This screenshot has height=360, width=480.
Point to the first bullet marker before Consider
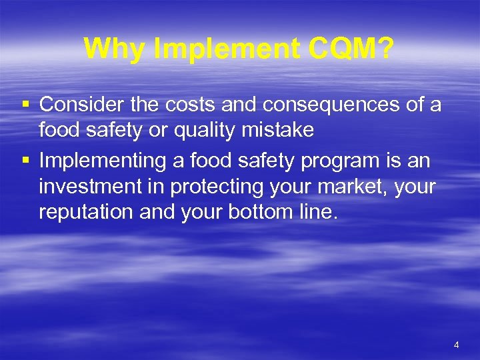coord(25,105)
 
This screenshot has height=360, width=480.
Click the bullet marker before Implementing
coord(25,161)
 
